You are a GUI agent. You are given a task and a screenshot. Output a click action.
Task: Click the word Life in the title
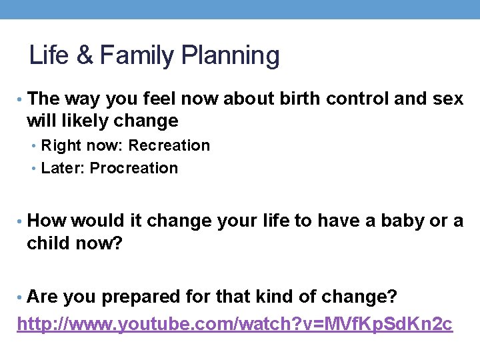[49, 56]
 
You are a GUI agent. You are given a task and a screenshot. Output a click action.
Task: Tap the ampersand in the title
[85, 56]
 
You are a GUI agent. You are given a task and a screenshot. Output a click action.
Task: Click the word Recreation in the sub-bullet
[169, 145]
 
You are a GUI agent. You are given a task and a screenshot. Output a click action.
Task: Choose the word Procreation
[134, 168]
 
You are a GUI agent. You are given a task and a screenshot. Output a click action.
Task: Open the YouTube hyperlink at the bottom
[235, 324]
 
